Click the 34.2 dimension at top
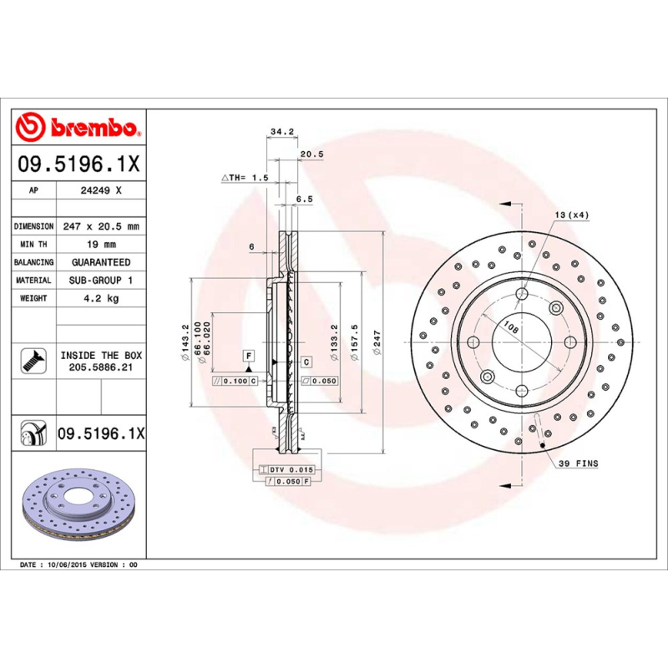point(281,131)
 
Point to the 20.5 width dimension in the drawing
point(311,154)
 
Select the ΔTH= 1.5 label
point(245,178)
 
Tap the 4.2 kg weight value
point(101,298)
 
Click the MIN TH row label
point(34,244)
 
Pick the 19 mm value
point(101,244)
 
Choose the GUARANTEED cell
point(101,262)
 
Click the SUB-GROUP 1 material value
point(101,281)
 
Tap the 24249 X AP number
point(101,190)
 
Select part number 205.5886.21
point(101,367)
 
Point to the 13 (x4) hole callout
point(572,215)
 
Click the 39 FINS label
point(578,463)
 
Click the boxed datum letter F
point(248,356)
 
